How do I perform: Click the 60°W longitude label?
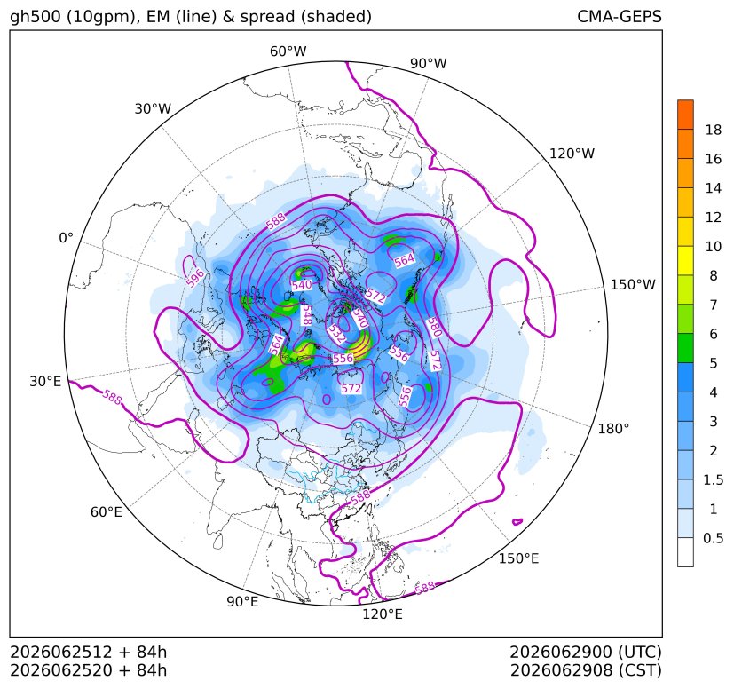click(x=288, y=51)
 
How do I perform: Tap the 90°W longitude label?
click(x=429, y=63)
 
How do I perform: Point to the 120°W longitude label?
click(x=572, y=154)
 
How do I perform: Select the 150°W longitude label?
click(x=633, y=284)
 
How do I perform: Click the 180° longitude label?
click(x=613, y=429)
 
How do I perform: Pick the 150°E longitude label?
click(x=518, y=558)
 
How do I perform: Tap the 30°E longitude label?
click(x=45, y=381)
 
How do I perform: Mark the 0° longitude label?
click(x=66, y=238)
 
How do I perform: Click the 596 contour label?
click(x=195, y=278)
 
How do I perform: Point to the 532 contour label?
click(x=337, y=334)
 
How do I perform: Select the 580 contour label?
click(x=434, y=328)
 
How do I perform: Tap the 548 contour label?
click(x=306, y=316)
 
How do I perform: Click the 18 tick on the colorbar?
click(x=714, y=130)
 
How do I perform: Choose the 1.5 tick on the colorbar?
click(x=713, y=479)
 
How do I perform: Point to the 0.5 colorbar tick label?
click(x=713, y=538)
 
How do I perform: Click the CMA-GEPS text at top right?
click(x=620, y=16)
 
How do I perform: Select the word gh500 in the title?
click(x=36, y=17)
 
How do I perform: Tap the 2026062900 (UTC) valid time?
click(x=586, y=652)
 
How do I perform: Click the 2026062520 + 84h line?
click(x=89, y=670)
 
